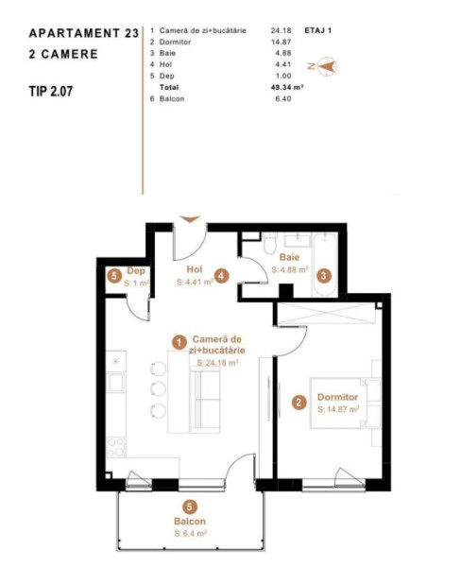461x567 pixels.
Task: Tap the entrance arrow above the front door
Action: (190, 219)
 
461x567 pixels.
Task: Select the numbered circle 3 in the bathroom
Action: (323, 276)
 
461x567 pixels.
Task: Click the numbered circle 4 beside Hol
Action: (221, 276)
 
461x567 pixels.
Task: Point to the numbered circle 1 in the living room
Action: (179, 342)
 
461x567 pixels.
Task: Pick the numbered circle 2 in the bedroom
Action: (299, 403)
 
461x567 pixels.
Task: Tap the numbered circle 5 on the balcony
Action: (190, 507)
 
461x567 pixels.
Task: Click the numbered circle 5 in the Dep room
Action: (114, 277)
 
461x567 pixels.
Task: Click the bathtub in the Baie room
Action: (325, 265)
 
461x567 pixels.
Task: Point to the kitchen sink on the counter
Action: (116, 383)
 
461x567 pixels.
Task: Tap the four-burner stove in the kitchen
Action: (116, 447)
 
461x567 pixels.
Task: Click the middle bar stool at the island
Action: (158, 388)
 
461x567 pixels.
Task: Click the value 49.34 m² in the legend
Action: (287, 87)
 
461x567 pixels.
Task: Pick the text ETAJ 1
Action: (318, 30)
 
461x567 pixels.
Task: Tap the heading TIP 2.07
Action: (51, 91)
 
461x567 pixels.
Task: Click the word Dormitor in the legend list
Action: (175, 42)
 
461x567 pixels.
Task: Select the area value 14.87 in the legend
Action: (281, 42)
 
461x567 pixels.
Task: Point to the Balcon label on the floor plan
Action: (190, 521)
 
